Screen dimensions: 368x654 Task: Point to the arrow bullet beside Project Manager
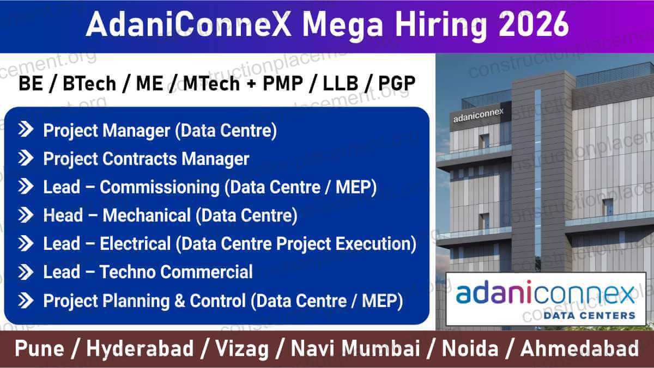pos(26,130)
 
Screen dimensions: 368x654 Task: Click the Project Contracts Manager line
pos(146,158)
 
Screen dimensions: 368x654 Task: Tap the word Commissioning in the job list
pos(159,187)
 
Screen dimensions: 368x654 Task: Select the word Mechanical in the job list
pos(147,215)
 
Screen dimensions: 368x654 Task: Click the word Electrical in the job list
pos(135,243)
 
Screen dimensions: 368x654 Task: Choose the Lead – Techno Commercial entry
pos(148,272)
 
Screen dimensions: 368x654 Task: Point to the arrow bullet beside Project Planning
pos(26,300)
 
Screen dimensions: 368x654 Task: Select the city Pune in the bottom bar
pos(39,349)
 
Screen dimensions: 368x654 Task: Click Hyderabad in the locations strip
pos(140,349)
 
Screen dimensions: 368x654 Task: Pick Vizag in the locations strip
pos(241,349)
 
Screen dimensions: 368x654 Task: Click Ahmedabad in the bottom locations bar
pos(579,349)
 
